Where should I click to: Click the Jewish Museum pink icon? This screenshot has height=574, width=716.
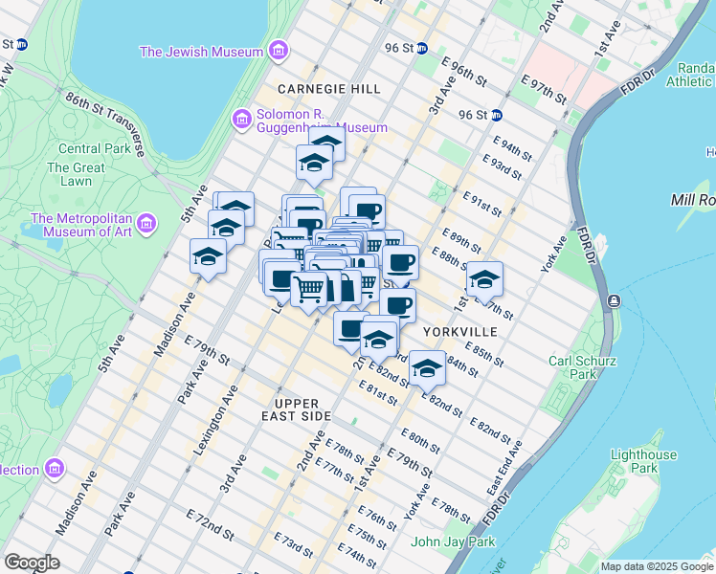(x=278, y=51)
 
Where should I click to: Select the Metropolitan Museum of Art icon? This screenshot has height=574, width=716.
(x=146, y=224)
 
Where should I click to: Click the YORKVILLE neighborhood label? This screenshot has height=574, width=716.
(x=460, y=331)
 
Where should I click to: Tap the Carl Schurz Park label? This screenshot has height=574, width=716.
(x=587, y=368)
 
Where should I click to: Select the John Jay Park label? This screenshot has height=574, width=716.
(x=453, y=541)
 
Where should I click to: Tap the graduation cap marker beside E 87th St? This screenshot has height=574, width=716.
(x=484, y=279)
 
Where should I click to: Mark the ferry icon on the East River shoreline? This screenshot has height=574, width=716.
(x=613, y=301)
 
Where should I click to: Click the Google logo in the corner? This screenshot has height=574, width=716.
(x=33, y=563)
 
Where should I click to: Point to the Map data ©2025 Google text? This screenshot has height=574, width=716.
(x=656, y=566)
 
